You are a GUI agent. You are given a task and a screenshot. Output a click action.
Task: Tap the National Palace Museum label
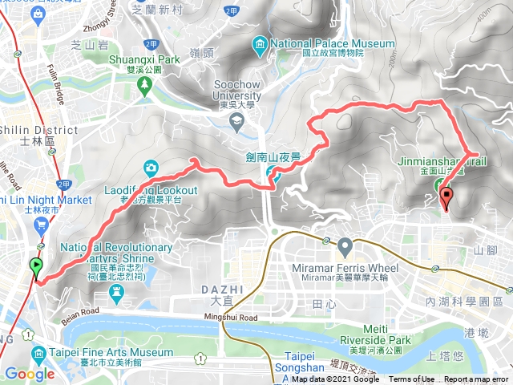[x=333, y=43]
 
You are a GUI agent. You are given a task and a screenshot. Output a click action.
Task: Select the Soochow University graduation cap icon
[x=236, y=122]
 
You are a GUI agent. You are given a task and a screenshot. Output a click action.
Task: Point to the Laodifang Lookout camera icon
[x=151, y=167]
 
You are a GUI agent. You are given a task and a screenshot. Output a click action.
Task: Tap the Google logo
[x=30, y=373]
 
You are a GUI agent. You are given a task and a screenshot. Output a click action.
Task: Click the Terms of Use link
[x=412, y=379]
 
